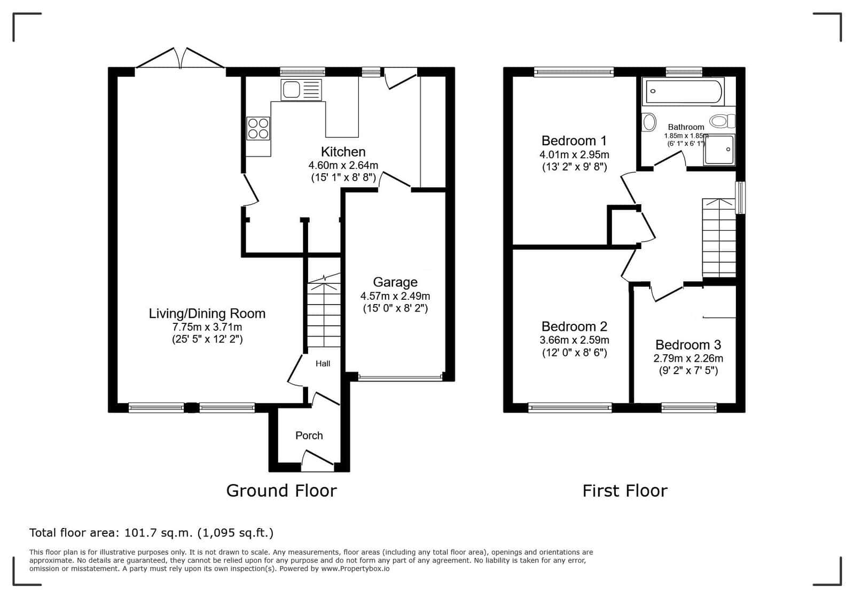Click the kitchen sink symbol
(x=301, y=90)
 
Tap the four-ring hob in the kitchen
(x=258, y=128)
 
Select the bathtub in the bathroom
(x=683, y=91)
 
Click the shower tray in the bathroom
(x=719, y=150)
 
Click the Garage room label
(x=395, y=282)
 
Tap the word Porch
(x=309, y=436)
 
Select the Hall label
(x=323, y=363)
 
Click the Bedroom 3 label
(x=688, y=345)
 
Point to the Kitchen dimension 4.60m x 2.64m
(x=343, y=166)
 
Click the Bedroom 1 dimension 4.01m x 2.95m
(x=574, y=155)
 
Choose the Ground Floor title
(x=281, y=491)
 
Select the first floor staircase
(x=719, y=238)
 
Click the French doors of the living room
(x=180, y=58)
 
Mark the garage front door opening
(x=401, y=378)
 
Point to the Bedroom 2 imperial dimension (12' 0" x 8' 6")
(x=574, y=353)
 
